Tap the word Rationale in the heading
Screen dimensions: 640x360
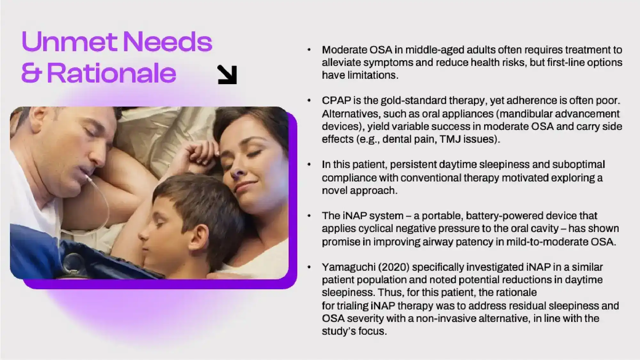(112, 73)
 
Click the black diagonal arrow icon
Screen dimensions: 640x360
(227, 75)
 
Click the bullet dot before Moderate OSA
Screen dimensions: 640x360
(309, 50)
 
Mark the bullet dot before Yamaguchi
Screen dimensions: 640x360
(309, 267)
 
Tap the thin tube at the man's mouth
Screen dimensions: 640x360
(96, 192)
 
